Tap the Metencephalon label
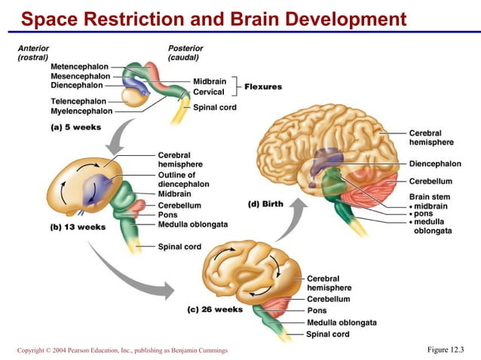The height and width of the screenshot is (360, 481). (x=80, y=67)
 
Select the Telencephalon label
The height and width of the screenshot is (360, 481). (x=78, y=101)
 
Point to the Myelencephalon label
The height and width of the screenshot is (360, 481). (x=81, y=111)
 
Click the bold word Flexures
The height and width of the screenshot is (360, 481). (x=263, y=87)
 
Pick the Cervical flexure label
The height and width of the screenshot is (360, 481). (x=209, y=92)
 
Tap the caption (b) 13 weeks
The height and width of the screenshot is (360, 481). (x=77, y=227)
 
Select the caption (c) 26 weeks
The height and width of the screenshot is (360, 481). (x=215, y=310)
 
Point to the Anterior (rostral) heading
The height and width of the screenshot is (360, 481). (x=33, y=53)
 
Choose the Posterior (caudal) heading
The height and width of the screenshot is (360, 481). (x=185, y=53)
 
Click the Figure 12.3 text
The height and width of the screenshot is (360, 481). (x=446, y=349)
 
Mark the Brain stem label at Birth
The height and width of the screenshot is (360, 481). (x=429, y=197)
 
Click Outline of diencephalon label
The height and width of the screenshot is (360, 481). (x=183, y=179)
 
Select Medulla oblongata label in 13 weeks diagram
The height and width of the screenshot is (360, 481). (x=192, y=224)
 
